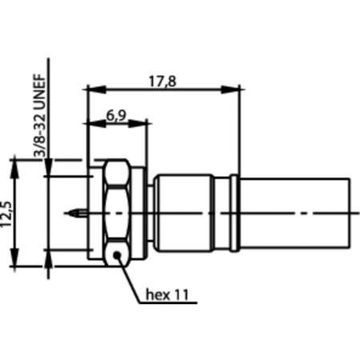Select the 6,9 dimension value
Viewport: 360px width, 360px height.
pos(117,114)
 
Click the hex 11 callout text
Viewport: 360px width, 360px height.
pos(171,294)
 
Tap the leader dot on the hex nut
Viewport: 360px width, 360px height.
pos(118,255)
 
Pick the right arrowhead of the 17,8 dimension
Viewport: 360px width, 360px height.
pos(237,87)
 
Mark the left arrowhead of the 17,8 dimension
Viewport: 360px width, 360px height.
pos(91,87)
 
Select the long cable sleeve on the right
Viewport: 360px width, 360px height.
pos(295,213)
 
